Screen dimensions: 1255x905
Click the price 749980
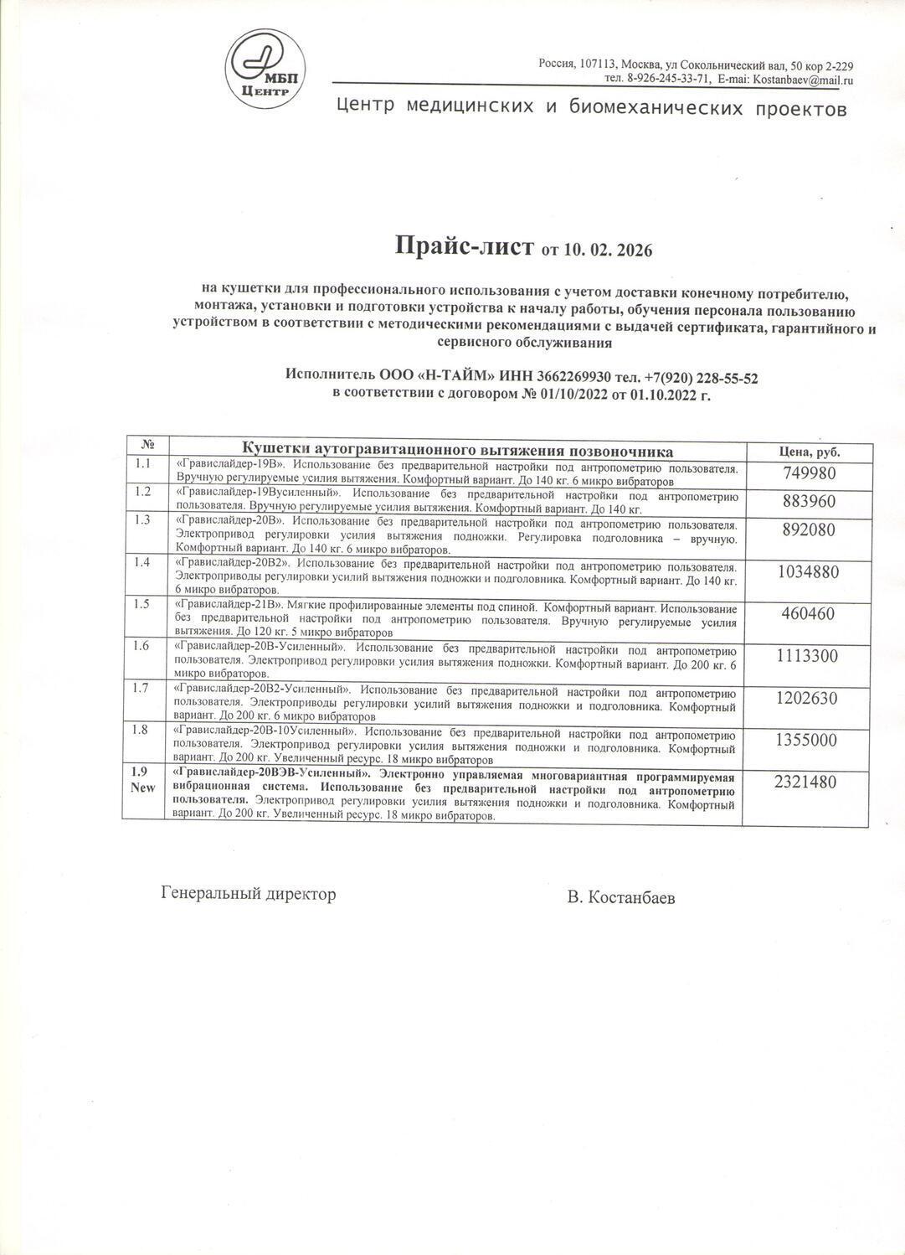tap(809, 473)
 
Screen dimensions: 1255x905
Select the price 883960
tap(809, 502)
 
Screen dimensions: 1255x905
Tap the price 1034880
tap(809, 572)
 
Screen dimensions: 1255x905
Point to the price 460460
tap(808, 614)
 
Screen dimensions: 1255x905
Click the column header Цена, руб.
tap(809, 452)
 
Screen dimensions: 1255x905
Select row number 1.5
tap(142, 604)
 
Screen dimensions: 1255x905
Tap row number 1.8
tap(142, 730)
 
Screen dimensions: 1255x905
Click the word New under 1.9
tap(142, 788)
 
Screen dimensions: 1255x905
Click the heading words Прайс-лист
tap(464, 246)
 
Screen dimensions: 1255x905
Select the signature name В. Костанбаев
tap(620, 898)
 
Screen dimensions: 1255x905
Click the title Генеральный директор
tap(248, 894)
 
